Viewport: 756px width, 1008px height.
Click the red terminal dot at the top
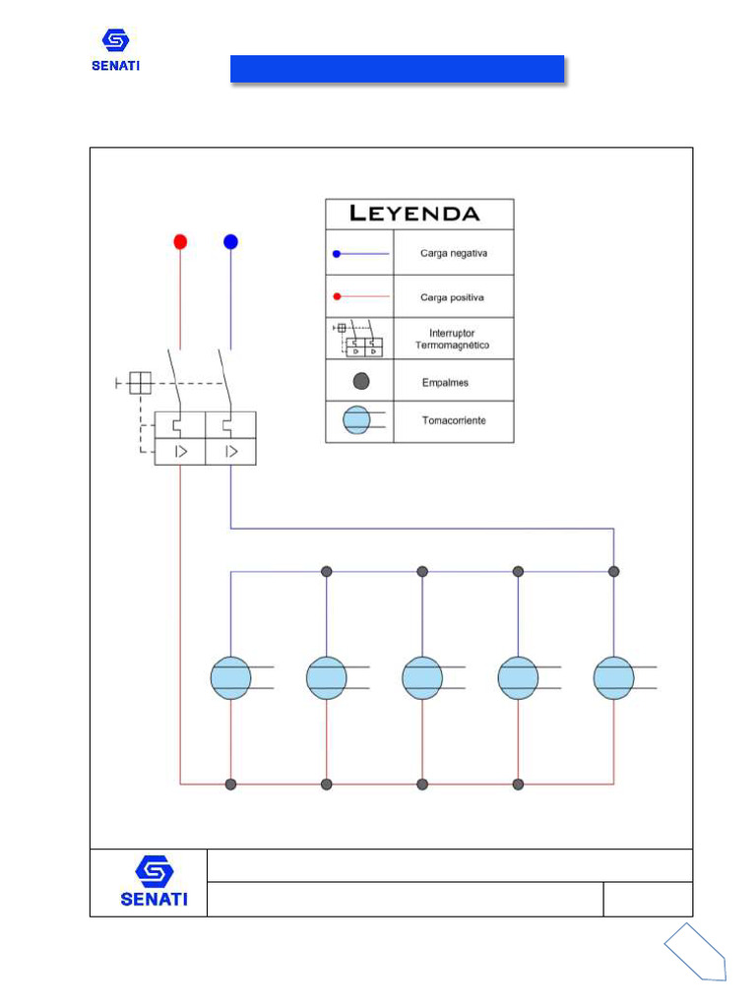pos(180,241)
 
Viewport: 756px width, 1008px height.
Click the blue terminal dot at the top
pos(230,241)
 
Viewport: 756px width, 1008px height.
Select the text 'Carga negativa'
pos(454,254)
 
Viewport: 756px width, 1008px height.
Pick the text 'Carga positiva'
pos(453,296)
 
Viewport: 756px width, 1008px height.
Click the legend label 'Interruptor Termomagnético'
pos(453,340)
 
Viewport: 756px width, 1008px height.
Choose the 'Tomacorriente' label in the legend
pos(454,421)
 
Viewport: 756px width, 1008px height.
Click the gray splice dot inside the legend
pos(361,381)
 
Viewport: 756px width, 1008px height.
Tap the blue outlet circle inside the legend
pos(356,421)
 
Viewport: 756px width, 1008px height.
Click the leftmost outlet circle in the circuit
pos(230,678)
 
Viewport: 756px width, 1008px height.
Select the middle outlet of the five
pos(422,678)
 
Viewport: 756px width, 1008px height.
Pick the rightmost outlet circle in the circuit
pos(613,678)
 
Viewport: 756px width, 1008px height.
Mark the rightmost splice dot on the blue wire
pos(614,571)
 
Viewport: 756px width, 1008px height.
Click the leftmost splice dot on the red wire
pos(230,785)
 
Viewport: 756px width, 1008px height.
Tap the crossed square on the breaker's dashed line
pos(140,382)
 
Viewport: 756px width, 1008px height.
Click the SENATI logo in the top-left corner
pos(116,50)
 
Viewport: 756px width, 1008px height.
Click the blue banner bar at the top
pos(397,69)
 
